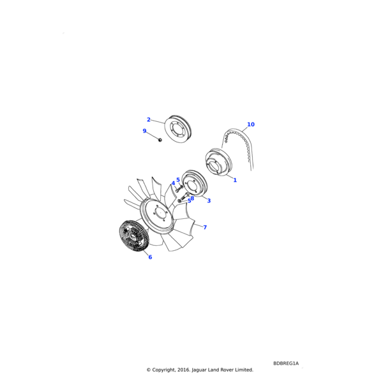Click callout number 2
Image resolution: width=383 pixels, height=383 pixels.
pos(149,120)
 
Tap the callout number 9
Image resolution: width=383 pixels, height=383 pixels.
pos(144,131)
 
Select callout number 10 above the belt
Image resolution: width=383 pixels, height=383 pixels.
pos(251,124)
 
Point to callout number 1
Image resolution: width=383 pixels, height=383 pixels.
pos(235,180)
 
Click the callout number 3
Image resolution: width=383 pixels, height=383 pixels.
pos(209,201)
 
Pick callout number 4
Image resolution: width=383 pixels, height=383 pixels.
pos(173,183)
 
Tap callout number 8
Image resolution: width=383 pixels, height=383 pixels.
pos(193,199)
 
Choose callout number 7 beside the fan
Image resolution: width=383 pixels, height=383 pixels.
pos(205,227)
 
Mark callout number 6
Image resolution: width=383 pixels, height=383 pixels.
pos(150,257)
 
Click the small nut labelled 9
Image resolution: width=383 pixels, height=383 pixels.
pos(160,140)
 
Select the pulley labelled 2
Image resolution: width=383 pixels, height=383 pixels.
pos(178,129)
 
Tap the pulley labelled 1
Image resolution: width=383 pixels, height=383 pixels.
pos(218,162)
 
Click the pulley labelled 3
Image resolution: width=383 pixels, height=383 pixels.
pos(195,183)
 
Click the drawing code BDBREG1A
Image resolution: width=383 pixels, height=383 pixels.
pos(286,363)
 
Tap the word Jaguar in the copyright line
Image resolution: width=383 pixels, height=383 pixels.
pos(199,370)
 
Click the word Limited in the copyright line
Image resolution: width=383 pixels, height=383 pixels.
pos(244,370)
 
